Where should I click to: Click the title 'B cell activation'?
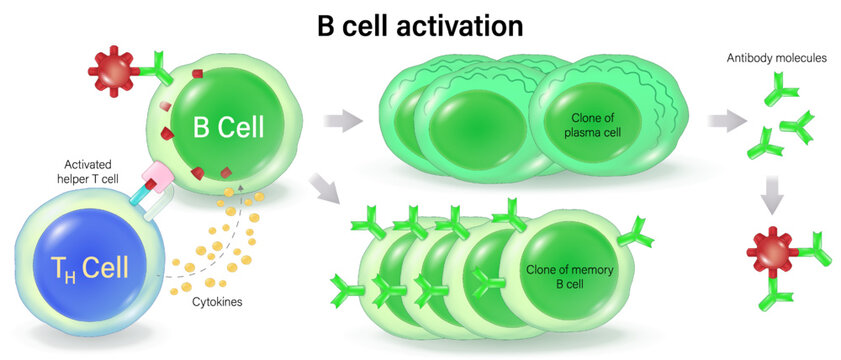[x=420, y=24]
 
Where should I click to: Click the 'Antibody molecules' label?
[x=776, y=58]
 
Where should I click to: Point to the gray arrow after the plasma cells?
[x=726, y=122]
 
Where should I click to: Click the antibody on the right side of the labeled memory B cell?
[x=635, y=236]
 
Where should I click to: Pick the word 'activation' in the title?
[x=467, y=24]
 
